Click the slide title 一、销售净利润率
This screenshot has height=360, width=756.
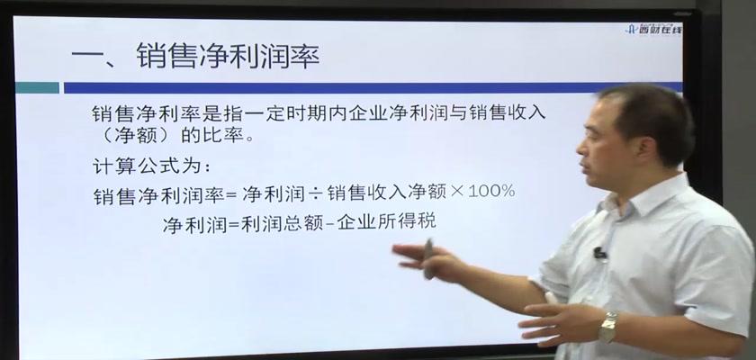click(x=195, y=56)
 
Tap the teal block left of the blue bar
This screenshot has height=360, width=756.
click(x=37, y=87)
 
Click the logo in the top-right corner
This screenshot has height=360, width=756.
click(x=653, y=30)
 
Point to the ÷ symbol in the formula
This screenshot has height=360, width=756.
click(x=314, y=193)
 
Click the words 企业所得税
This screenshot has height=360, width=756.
click(x=387, y=221)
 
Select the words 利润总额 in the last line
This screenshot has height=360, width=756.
click(x=282, y=223)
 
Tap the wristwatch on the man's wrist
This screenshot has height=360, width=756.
click(x=608, y=327)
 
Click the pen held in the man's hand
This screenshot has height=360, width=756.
click(x=428, y=259)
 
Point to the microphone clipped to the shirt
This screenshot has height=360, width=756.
click(x=599, y=252)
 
